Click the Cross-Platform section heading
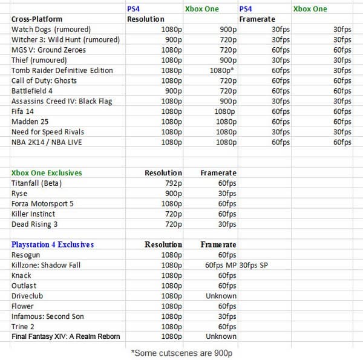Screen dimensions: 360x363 point(36,19)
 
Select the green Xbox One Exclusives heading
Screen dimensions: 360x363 point(47,173)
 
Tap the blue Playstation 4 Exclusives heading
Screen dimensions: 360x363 point(53,244)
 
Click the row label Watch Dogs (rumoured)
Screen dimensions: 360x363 point(50,30)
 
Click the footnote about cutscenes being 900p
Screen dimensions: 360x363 point(182,351)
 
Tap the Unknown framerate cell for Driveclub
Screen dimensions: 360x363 point(221,296)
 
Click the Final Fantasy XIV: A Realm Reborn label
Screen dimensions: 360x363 point(65,336)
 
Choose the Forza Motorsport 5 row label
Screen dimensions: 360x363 point(42,204)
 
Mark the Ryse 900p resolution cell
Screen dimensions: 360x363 point(172,194)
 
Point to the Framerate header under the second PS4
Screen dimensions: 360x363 point(257,19)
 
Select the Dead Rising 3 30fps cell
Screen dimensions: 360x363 point(227,224)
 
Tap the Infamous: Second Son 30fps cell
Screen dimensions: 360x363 point(227,316)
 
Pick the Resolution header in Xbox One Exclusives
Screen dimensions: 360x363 point(163,173)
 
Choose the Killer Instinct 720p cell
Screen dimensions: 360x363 point(172,214)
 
